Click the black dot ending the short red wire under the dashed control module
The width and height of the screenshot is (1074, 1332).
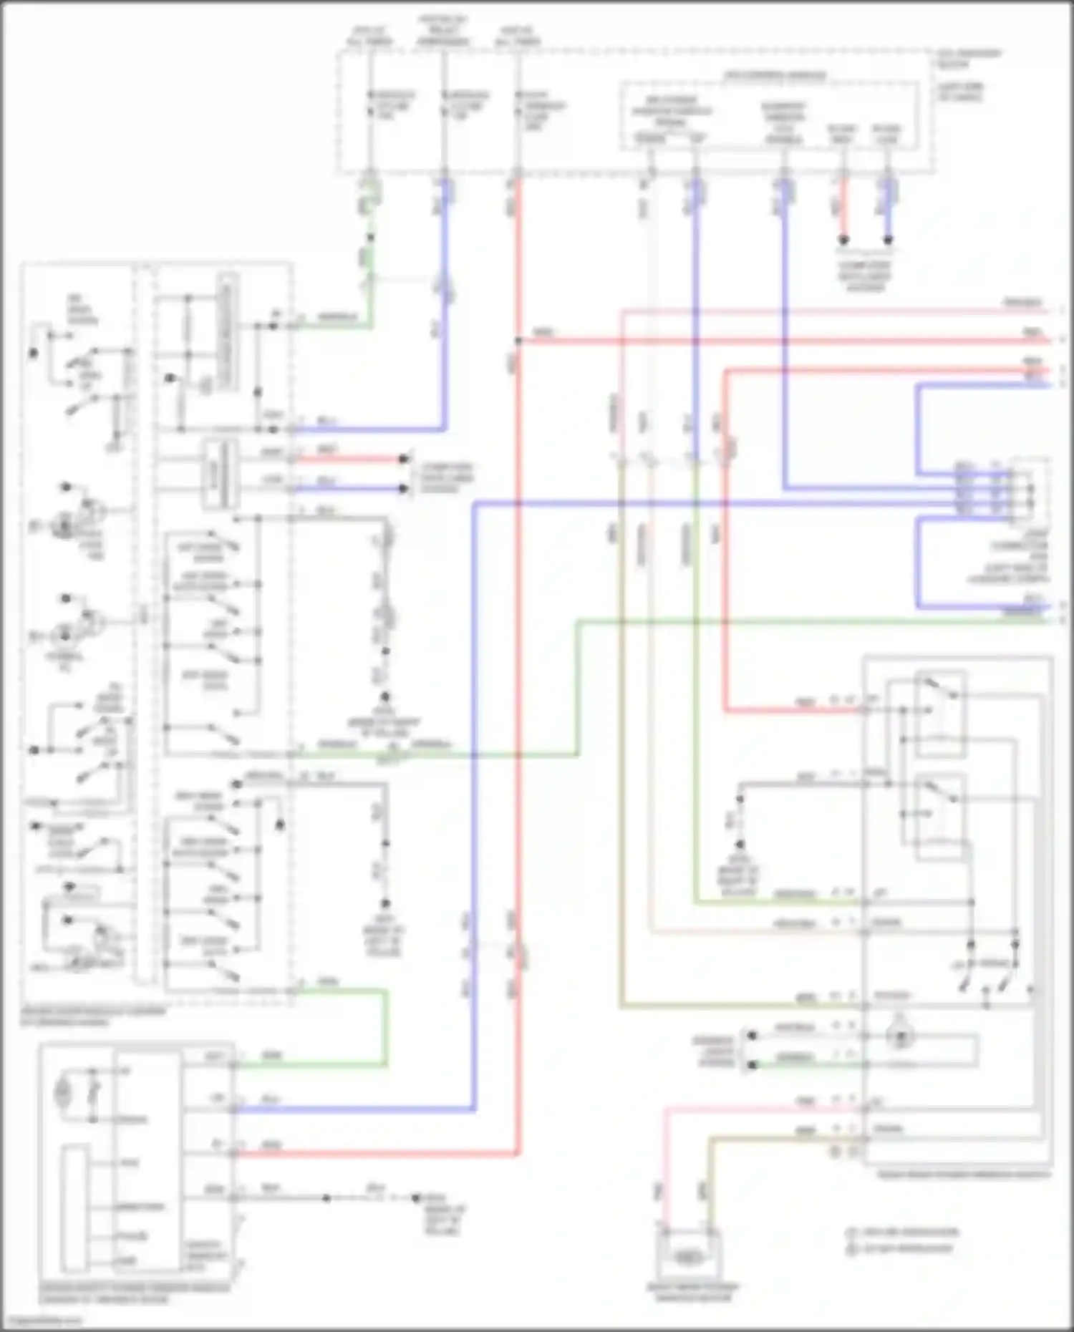click(843, 240)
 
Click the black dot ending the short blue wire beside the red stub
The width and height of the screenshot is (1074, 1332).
click(888, 240)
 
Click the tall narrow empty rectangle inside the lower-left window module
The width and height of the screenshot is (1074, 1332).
click(74, 1210)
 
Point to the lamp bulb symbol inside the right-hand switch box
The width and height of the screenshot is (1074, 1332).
click(897, 1037)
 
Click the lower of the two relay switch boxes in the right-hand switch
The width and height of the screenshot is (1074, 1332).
click(940, 816)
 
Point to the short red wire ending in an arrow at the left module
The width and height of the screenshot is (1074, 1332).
click(351, 459)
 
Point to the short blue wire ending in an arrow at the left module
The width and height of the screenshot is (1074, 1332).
click(351, 489)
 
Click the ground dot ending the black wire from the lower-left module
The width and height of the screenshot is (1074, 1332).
click(415, 1197)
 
